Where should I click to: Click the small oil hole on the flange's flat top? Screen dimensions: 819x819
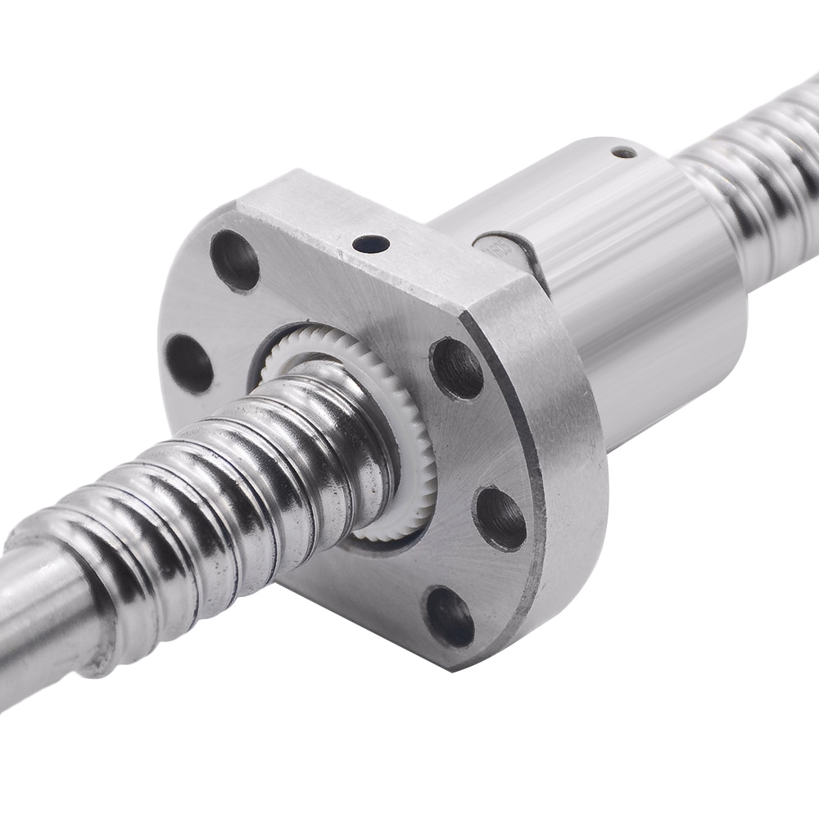point(370,243)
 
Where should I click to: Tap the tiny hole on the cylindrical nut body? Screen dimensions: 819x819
point(624,152)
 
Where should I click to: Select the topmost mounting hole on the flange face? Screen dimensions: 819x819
point(235,260)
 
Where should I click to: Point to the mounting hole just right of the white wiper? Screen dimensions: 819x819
point(456,368)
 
